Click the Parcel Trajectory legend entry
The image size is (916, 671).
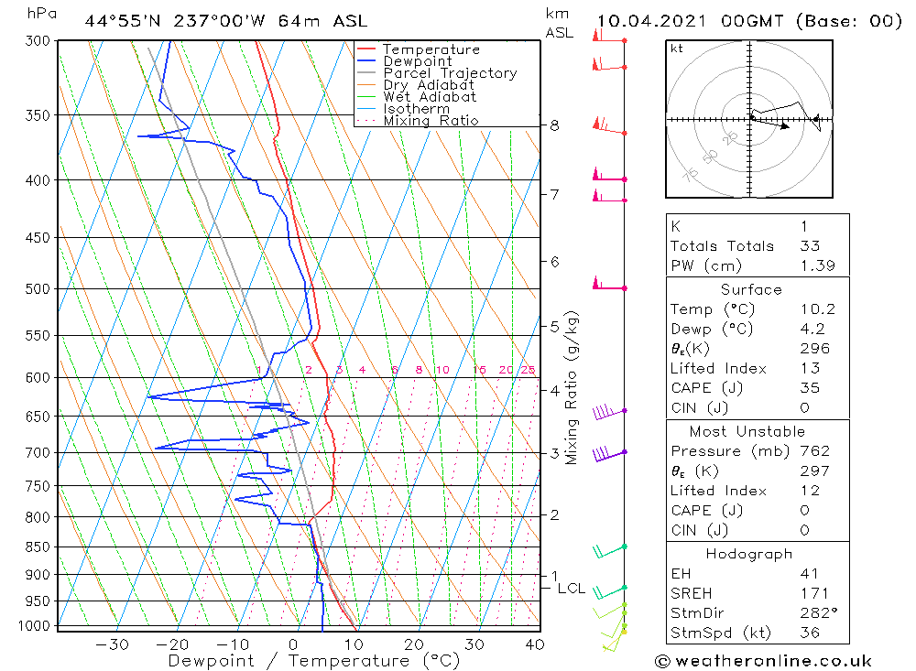450,73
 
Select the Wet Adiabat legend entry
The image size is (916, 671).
430,97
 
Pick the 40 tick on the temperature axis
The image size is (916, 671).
534,644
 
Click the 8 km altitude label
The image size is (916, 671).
555,125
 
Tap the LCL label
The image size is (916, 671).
571,588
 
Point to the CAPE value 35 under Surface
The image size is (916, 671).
809,388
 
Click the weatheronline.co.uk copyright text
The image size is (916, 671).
762,660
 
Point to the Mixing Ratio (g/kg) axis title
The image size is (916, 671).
572,387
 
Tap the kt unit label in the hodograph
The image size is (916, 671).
677,49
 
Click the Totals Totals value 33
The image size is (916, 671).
810,246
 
